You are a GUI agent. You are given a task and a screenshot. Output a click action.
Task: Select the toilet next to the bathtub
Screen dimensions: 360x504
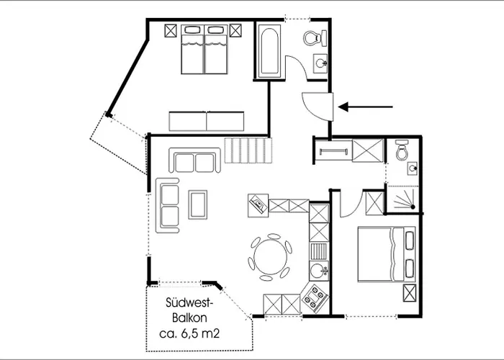[315, 37]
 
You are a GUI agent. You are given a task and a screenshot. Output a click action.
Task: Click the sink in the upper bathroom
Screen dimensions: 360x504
[321, 65]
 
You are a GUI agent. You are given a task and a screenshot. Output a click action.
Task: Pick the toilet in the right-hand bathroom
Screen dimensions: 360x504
[402, 150]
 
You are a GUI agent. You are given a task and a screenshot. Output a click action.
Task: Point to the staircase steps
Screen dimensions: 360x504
[248, 151]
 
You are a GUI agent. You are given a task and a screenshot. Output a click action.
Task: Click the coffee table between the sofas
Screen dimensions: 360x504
[197, 204]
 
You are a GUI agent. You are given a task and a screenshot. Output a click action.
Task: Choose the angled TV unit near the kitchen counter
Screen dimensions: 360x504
[257, 205]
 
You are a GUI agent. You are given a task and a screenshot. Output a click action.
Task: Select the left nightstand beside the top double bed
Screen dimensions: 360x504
[171, 31]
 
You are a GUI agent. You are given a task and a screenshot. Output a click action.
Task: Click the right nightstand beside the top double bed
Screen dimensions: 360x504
[236, 31]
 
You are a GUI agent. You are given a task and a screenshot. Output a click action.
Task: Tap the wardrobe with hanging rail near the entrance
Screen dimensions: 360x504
[333, 152]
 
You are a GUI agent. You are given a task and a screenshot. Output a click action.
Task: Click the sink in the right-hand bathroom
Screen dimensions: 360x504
[410, 169]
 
